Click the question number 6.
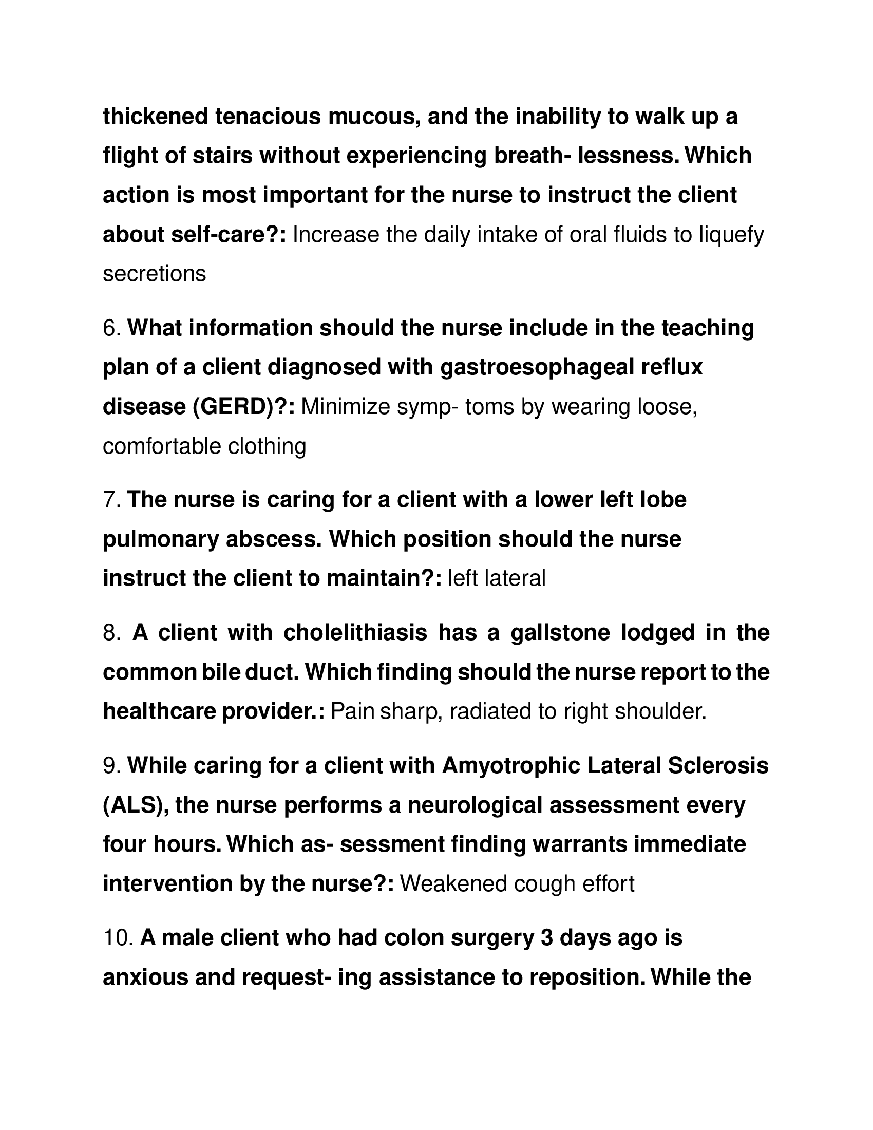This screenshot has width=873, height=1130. (x=111, y=329)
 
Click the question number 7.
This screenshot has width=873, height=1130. (x=111, y=500)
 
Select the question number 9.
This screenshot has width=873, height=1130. (x=111, y=766)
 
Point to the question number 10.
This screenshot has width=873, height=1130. (x=118, y=937)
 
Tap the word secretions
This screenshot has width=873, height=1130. (x=154, y=274)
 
